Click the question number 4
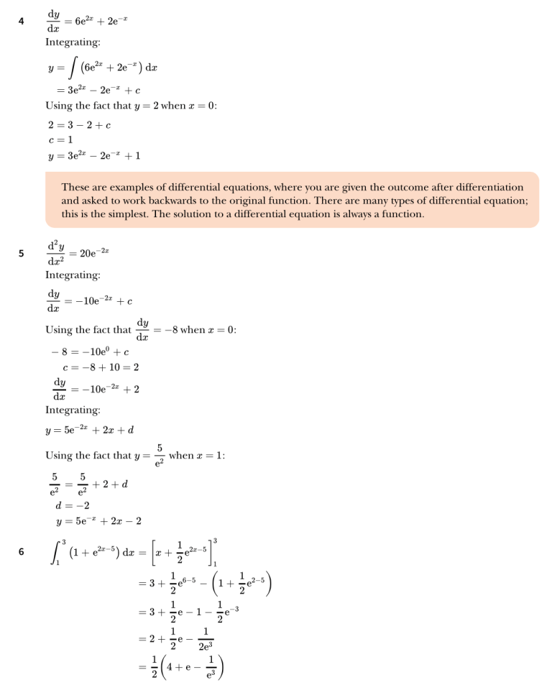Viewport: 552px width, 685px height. pos(22,22)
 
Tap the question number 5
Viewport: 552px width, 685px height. pos(22,252)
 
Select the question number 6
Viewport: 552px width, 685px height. pos(22,552)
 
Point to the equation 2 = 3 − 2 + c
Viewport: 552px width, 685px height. pos(78,125)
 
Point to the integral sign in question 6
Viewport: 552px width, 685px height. pos(55,552)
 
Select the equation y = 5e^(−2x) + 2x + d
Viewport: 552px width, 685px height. pos(90,431)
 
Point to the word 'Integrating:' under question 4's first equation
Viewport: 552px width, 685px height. pos(73,43)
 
